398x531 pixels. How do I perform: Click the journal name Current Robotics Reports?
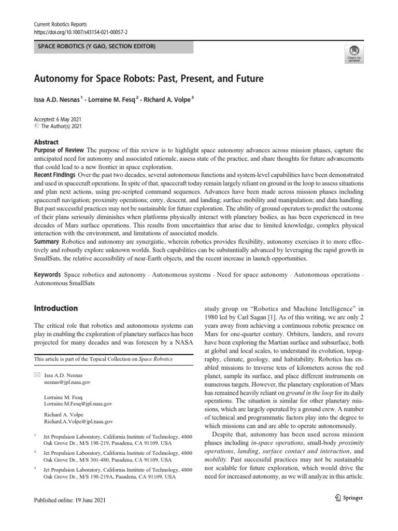tap(60, 24)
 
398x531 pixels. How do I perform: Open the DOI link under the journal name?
tap(80, 32)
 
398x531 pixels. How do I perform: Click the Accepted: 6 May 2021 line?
tap(58, 119)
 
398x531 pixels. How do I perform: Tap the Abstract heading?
tap(46, 142)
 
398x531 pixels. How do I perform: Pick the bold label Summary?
tap(46, 242)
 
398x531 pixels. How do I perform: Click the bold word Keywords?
tap(48, 275)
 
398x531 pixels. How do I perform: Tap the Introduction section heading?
tap(55, 308)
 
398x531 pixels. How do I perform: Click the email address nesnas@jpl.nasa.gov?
tap(67, 382)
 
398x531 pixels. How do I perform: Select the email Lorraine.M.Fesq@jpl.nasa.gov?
tap(78, 403)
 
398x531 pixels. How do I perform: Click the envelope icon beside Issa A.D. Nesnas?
tap(36, 374)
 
